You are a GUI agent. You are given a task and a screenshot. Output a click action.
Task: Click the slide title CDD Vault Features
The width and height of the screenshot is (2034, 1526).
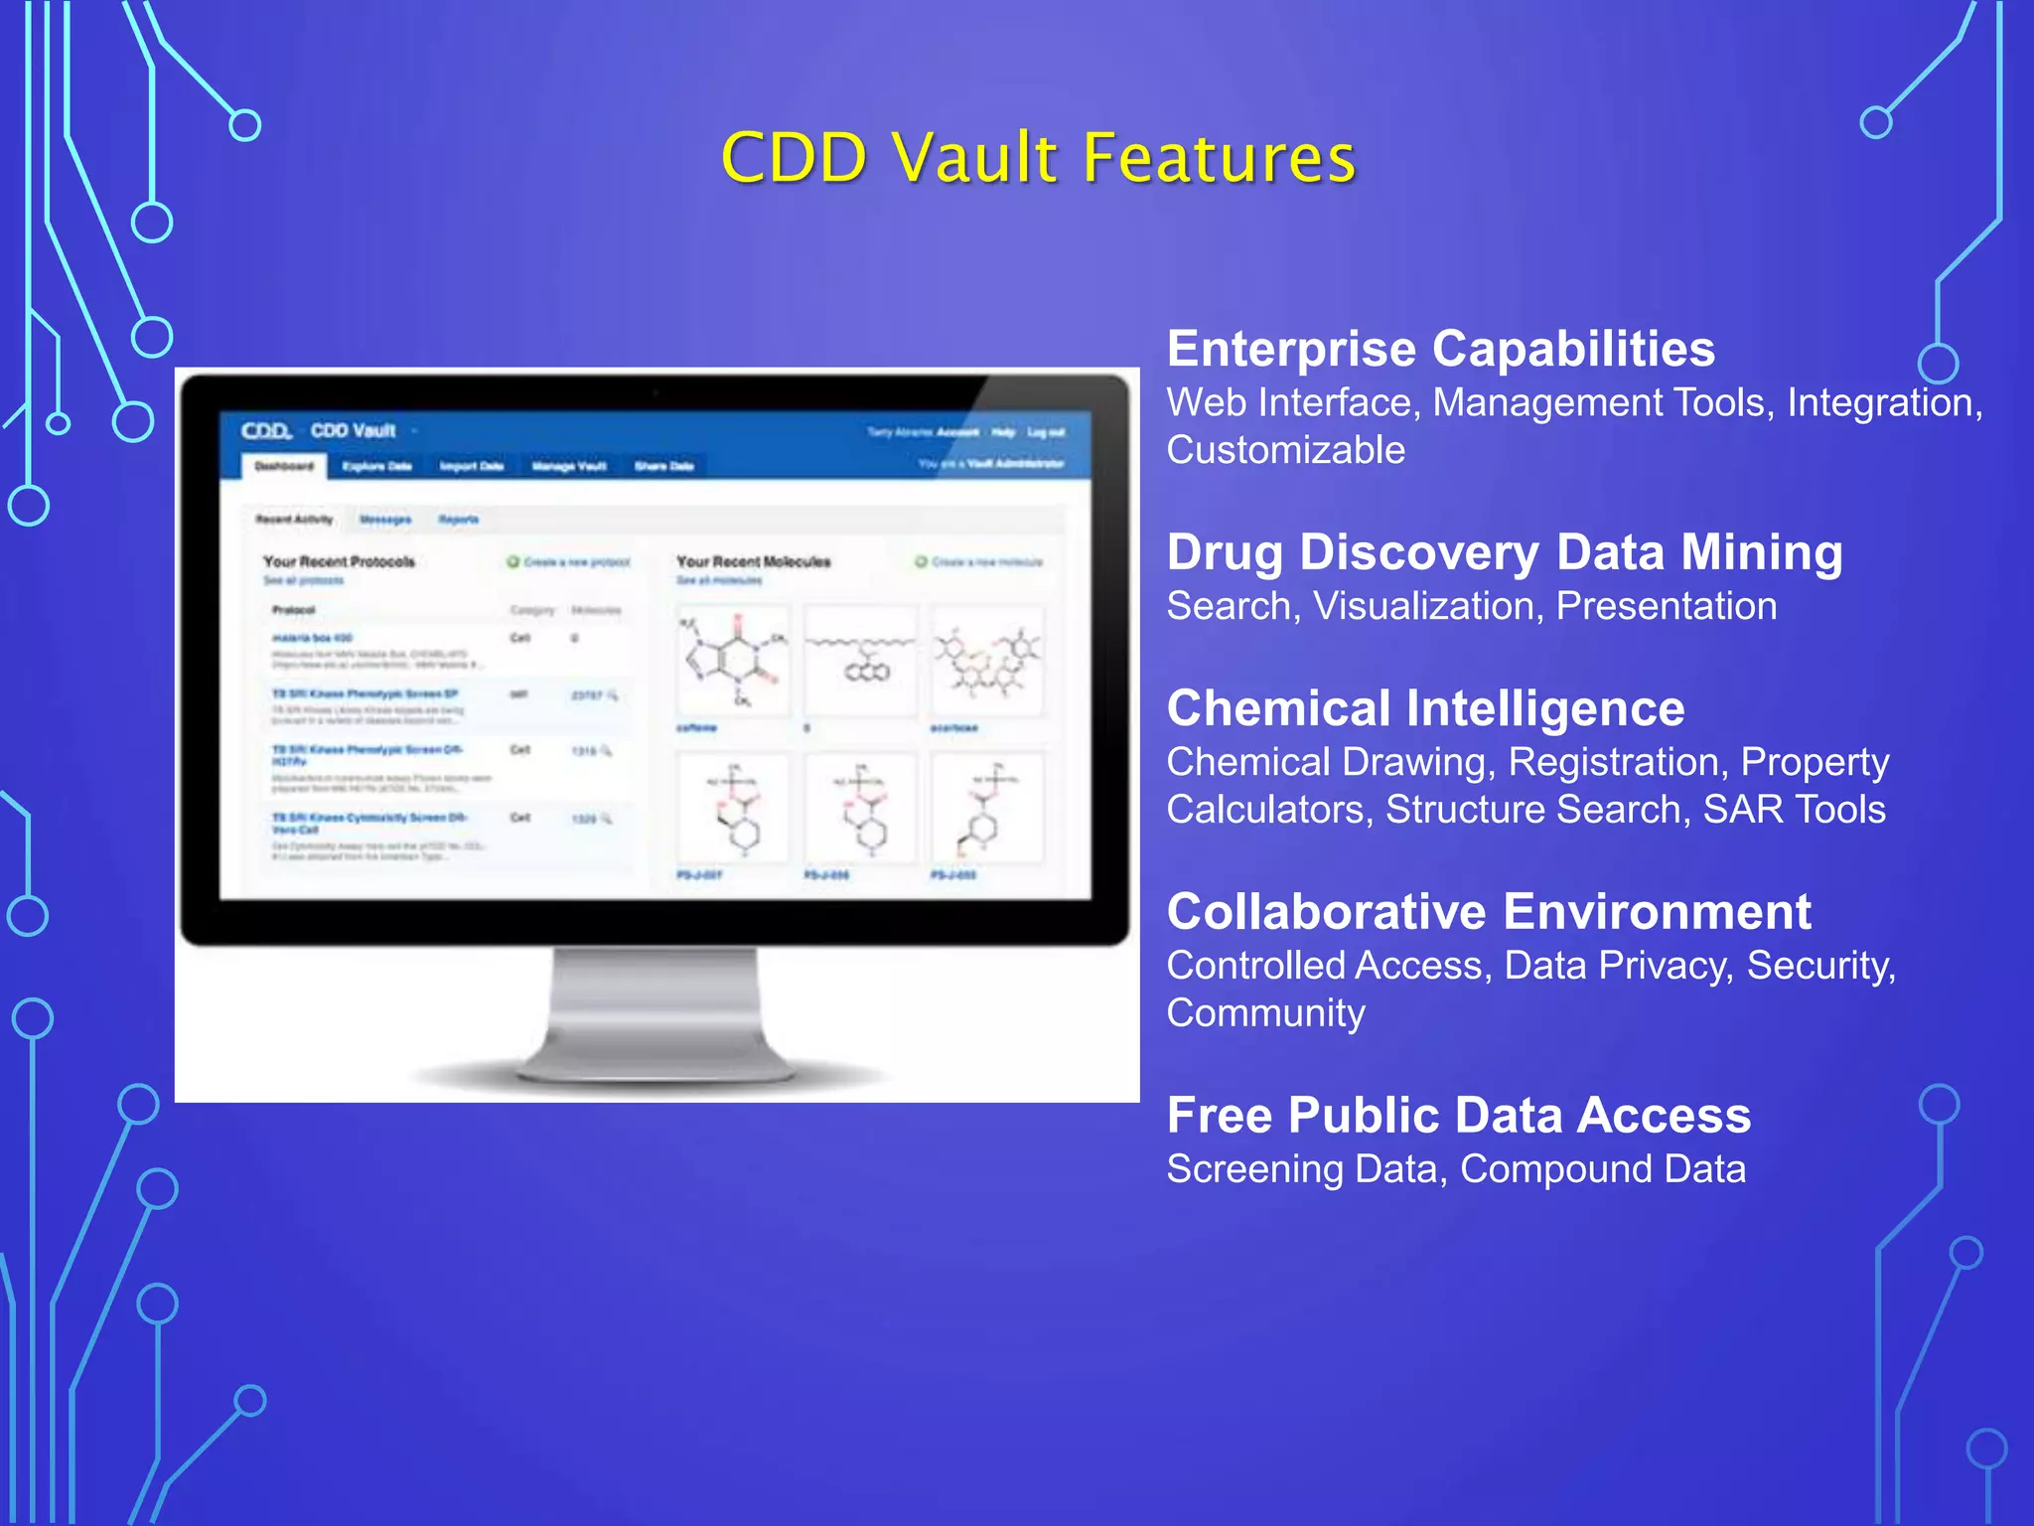(1038, 158)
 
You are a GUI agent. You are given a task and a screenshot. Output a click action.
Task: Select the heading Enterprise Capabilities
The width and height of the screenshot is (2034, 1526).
(1440, 349)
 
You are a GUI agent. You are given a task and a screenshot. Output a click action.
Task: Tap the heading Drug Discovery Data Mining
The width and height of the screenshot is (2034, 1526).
(1504, 552)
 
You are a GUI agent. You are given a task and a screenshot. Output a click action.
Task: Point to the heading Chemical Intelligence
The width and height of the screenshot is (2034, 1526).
(1425, 708)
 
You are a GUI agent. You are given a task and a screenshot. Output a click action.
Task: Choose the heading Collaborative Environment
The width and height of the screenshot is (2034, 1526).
(1488, 912)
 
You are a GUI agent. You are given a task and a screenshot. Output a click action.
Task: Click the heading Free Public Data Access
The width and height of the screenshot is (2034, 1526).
(1458, 1115)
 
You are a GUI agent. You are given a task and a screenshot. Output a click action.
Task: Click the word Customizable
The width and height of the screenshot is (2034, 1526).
(1285, 450)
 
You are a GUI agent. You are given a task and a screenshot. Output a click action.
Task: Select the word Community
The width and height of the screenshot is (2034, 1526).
(1265, 1013)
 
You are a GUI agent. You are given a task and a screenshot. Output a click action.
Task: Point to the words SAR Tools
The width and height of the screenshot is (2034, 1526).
(1794, 810)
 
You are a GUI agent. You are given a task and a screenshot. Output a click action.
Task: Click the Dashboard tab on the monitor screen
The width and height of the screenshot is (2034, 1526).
(284, 466)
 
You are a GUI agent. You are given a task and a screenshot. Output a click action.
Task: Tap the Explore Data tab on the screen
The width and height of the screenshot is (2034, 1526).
(376, 467)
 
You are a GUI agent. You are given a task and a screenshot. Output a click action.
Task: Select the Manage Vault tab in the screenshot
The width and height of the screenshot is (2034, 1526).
(568, 467)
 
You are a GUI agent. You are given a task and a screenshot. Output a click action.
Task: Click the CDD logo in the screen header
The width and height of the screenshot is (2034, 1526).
(266, 431)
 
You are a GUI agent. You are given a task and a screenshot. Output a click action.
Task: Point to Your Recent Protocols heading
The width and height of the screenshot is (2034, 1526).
(339, 562)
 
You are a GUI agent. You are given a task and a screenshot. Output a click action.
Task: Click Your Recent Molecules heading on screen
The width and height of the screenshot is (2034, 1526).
(753, 562)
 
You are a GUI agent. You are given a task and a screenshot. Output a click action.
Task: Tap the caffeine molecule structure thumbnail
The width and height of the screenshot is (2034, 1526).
(733, 660)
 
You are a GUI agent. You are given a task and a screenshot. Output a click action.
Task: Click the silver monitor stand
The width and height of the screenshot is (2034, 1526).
(655, 1013)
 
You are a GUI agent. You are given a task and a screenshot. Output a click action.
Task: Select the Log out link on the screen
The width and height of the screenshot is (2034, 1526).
(1045, 433)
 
